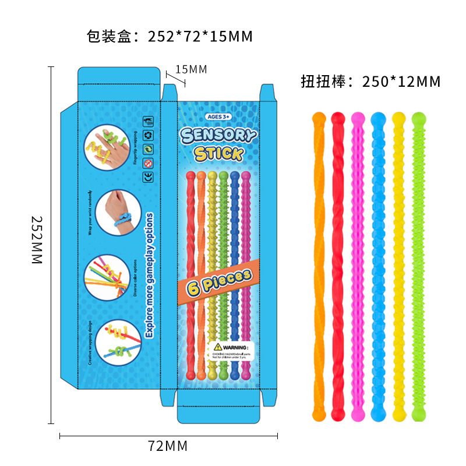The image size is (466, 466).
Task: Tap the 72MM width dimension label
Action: (168, 447)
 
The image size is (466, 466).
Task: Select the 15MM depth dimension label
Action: (191, 70)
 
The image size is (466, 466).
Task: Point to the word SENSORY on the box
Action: (218, 135)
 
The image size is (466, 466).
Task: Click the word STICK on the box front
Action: (218, 154)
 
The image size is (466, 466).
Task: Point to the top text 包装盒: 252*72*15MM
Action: (169, 37)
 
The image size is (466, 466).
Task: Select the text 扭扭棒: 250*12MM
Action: (370, 82)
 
